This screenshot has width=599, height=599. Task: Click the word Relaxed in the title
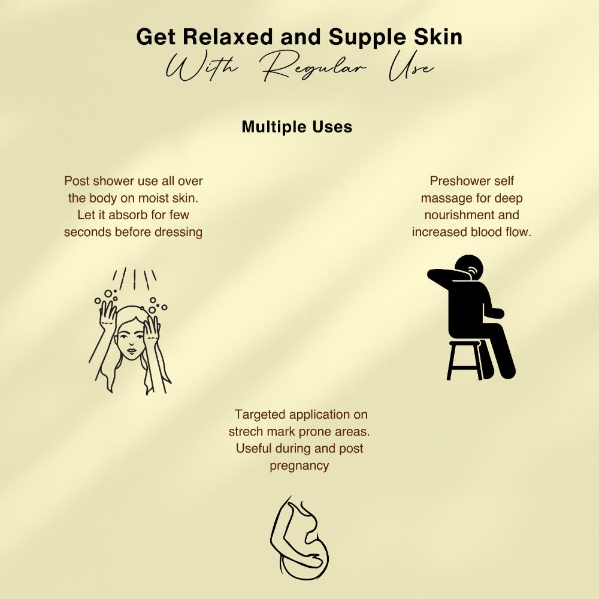pos(228,37)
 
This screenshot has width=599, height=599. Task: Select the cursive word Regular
pos(313,68)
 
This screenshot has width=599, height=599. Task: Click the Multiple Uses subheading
pos(297,127)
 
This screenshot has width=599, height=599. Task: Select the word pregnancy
pos(299,465)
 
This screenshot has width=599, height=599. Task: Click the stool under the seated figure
pos(465,360)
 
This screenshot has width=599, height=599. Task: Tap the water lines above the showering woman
pos(134,279)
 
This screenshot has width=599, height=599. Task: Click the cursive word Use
pos(411,68)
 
